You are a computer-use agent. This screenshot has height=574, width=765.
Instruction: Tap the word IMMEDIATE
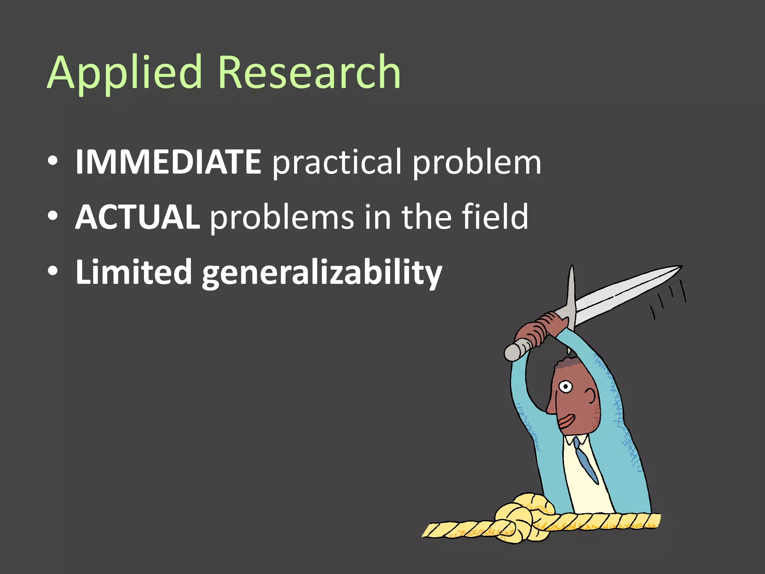pos(168,162)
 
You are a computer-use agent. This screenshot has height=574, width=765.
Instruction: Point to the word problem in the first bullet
pos(477,163)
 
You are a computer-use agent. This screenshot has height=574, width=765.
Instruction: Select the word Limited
pos(133,272)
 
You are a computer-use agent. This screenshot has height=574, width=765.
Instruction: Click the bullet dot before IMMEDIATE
pos(53,161)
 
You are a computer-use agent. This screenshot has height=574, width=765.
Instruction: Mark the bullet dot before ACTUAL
pos(53,216)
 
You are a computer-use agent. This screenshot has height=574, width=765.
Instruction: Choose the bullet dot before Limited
pos(53,272)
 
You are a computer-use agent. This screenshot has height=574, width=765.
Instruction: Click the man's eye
pos(566,386)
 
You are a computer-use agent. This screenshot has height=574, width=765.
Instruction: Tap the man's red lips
pos(566,421)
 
